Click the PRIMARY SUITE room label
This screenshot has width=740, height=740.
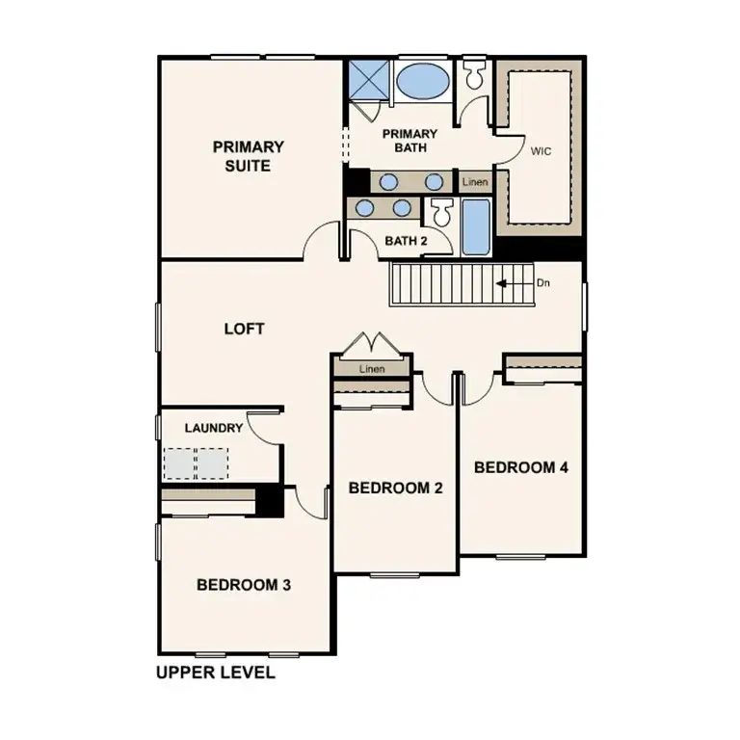coord(248,156)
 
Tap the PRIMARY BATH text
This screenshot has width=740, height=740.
coord(410,141)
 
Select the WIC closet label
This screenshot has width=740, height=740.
coord(541,151)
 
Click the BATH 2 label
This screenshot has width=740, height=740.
coord(406,240)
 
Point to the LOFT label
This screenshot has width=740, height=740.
coord(244,329)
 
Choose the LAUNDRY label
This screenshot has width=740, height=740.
coord(213,428)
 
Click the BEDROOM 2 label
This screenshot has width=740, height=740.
coord(395,488)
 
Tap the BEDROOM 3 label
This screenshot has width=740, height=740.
coord(244,584)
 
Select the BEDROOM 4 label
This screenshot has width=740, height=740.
coord(520,467)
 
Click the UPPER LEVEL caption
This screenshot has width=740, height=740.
coord(215,673)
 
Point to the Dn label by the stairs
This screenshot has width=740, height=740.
coord(542,283)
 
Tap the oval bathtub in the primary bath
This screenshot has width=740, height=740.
coord(422,80)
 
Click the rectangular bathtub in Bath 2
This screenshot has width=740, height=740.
coord(475,227)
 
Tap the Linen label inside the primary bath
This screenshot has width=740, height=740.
coord(475,182)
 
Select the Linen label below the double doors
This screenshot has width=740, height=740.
coord(372,369)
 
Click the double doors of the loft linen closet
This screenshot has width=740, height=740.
coord(371,344)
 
